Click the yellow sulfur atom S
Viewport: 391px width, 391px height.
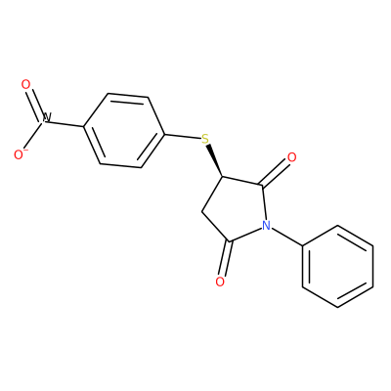(x=205, y=139)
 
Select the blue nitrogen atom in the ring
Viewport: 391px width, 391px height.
(x=266, y=225)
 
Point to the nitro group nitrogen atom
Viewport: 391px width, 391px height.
(x=46, y=118)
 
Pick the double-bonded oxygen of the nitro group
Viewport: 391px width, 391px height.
(x=25, y=85)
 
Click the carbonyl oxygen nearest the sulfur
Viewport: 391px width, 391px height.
(x=291, y=157)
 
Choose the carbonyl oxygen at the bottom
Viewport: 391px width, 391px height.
(x=220, y=282)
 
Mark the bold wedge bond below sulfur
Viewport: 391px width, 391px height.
(x=215, y=161)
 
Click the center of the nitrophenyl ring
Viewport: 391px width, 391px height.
(x=124, y=131)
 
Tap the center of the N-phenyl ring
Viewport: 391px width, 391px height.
(x=337, y=266)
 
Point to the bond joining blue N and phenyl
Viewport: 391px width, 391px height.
(x=287, y=237)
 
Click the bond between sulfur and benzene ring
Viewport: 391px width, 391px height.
(x=183, y=137)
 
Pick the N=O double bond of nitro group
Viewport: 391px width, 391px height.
(x=35, y=104)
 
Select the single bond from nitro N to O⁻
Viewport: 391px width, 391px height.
(x=33, y=136)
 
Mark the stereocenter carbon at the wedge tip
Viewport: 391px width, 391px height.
(x=222, y=178)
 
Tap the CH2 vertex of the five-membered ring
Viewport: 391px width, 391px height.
(x=202, y=211)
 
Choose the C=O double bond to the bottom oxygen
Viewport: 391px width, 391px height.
(x=226, y=258)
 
